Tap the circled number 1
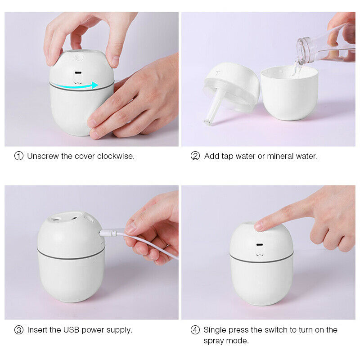[19, 156]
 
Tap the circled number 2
[195, 156]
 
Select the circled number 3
[19, 330]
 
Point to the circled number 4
[195, 330]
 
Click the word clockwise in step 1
[116, 156]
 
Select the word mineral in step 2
[282, 156]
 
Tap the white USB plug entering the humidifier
[107, 233]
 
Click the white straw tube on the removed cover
[213, 108]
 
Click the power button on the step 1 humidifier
[79, 58]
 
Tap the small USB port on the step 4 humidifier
[260, 245]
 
